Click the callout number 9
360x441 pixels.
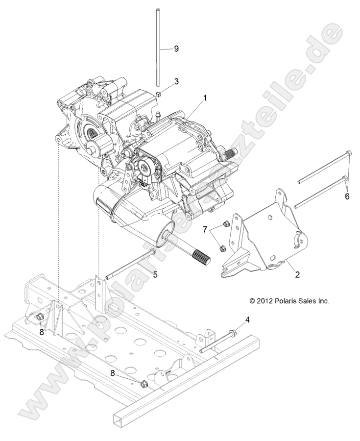pos(176,49)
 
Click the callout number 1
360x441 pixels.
pos(205,98)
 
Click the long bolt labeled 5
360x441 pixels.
pos(127,265)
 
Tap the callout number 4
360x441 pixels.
pos(247,320)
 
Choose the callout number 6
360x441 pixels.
pos(347,196)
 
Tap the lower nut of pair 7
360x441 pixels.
pos(220,247)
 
